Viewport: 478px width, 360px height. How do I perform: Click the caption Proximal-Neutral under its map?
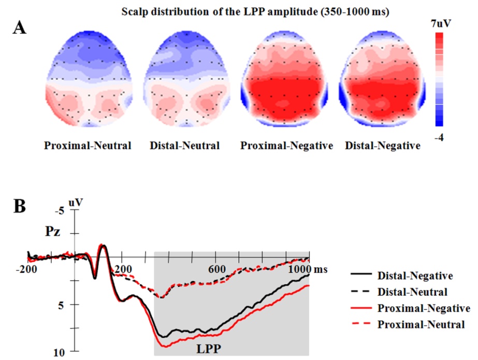(x=88, y=146)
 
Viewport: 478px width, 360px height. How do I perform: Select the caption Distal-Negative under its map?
(x=382, y=146)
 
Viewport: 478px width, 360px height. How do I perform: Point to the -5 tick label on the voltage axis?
(x=63, y=210)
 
